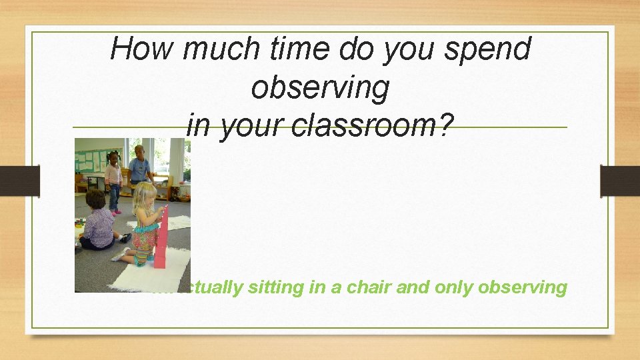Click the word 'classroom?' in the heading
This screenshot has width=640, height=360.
coord(367,125)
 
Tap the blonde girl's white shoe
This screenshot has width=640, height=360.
coord(121,255)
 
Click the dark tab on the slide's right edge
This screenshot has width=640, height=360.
coord(619,181)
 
